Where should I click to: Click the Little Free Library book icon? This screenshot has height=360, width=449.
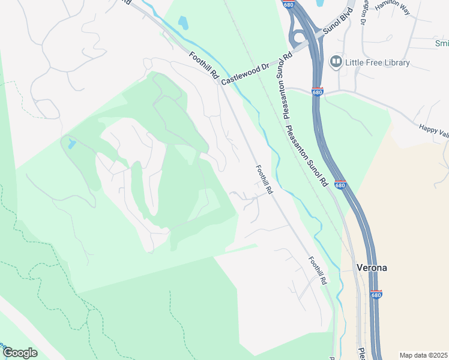[x=336, y=62]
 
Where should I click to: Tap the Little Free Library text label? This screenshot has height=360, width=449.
[x=377, y=62]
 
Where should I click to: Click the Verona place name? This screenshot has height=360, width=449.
[x=372, y=268]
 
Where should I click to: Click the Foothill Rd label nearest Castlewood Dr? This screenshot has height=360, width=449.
[x=203, y=65]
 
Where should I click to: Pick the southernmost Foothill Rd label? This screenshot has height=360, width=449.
[x=318, y=271]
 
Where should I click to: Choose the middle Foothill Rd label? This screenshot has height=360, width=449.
[x=264, y=179]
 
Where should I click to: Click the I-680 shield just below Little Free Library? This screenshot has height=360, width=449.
[x=318, y=92]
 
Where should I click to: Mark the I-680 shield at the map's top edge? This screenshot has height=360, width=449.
[x=289, y=4]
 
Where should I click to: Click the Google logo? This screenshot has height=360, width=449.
[x=20, y=353]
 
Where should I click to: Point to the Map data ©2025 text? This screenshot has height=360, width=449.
[x=423, y=355]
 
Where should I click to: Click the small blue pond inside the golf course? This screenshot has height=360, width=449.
[x=73, y=144]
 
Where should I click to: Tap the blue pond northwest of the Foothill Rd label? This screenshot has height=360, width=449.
[x=183, y=23]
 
